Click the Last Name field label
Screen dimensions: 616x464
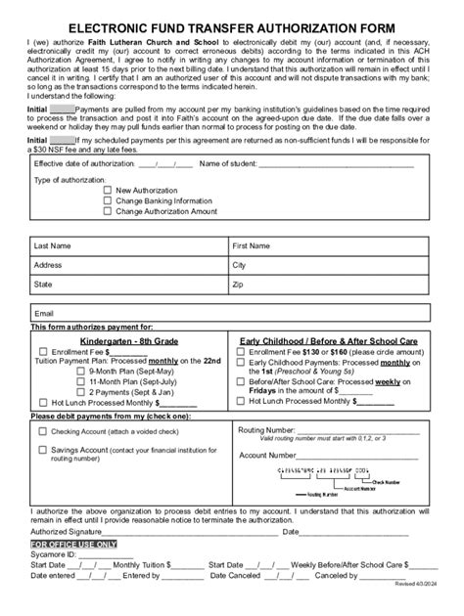click(52, 245)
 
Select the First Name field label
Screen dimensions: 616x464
click(251, 245)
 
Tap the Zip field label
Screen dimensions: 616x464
click(237, 285)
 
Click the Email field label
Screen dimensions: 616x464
click(44, 314)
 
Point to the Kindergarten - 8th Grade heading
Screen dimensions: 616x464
click(131, 338)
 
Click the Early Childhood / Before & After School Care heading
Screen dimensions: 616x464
click(330, 338)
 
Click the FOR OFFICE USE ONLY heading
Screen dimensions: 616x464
click(73, 543)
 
